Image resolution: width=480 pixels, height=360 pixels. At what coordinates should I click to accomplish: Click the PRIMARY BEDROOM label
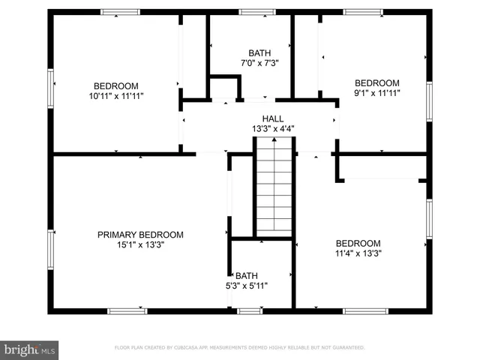pyautogui.click(x=140, y=235)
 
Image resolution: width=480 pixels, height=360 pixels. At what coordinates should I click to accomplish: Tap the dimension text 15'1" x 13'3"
pyautogui.click(x=140, y=244)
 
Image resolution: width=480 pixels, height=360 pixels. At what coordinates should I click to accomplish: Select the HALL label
pyautogui.click(x=273, y=119)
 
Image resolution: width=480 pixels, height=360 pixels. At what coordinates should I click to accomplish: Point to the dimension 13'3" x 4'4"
pyautogui.click(x=273, y=129)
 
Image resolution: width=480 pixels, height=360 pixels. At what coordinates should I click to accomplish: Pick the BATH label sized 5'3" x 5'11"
pyautogui.click(x=246, y=276)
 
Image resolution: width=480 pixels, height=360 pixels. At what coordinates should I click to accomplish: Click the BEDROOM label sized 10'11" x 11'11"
pyautogui.click(x=116, y=85)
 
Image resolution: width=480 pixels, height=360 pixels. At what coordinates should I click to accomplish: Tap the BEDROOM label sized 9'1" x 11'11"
pyautogui.click(x=377, y=83)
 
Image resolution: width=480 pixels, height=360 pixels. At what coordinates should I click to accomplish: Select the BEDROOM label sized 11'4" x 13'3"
pyautogui.click(x=358, y=243)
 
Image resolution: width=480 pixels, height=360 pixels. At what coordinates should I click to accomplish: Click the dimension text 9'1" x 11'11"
pyautogui.click(x=377, y=93)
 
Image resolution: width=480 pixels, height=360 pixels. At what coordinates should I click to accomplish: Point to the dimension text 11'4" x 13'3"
pyautogui.click(x=358, y=253)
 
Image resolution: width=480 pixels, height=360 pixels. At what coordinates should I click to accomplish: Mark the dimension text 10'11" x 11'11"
pyautogui.click(x=116, y=95)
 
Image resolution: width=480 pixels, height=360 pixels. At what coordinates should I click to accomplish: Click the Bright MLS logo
pyautogui.click(x=30, y=349)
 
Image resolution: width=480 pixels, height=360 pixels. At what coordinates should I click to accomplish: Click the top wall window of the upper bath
pyautogui.click(x=257, y=12)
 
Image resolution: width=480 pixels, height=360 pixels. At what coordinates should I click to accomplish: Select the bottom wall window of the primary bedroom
pyautogui.click(x=127, y=310)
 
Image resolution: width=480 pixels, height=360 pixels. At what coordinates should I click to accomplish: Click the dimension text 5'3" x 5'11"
pyautogui.click(x=246, y=286)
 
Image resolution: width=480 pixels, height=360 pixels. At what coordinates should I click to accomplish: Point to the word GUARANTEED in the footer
pyautogui.click(x=348, y=348)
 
